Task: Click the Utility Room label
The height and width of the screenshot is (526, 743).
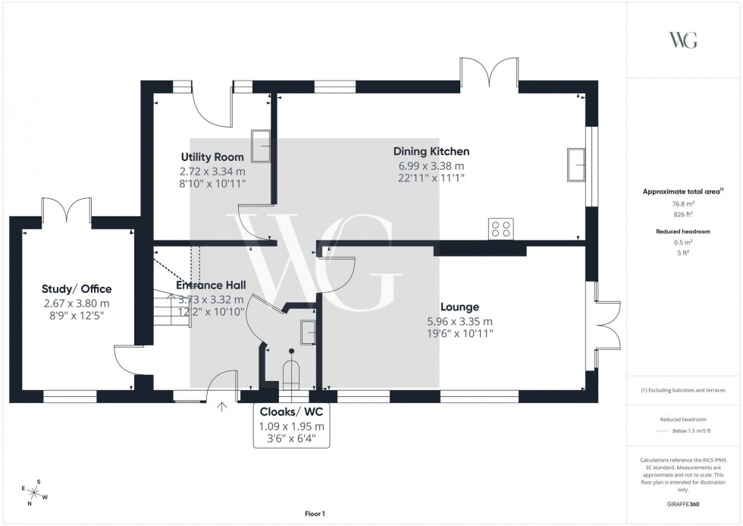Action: click(212, 157)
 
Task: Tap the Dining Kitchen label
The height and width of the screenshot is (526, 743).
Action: click(431, 151)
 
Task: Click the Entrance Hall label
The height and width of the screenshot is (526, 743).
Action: click(211, 285)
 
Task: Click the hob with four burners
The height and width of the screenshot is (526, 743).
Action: click(501, 228)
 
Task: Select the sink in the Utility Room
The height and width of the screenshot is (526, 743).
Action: click(262, 146)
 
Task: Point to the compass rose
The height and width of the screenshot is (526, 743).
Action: click(34, 491)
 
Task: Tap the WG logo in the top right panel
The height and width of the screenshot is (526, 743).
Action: click(683, 40)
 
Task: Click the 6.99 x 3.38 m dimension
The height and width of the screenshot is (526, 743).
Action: click(431, 165)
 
